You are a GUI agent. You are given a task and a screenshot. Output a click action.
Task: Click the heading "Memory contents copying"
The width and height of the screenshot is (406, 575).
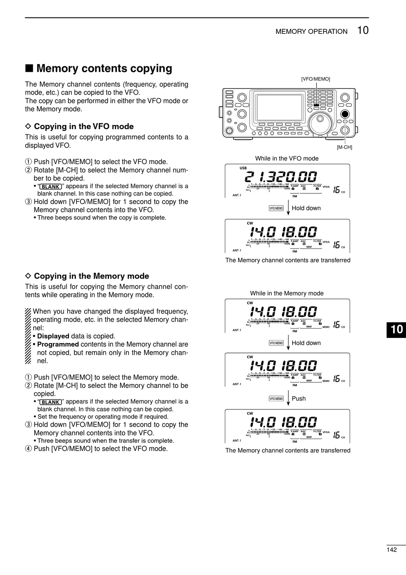click(x=104, y=68)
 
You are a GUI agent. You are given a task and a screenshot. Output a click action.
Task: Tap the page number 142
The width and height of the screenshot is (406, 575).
click(x=391, y=550)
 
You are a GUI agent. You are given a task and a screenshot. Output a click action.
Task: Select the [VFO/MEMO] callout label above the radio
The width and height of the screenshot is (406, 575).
click(x=315, y=79)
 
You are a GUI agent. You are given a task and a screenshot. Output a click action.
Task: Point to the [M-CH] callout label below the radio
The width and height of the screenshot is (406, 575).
click(x=344, y=147)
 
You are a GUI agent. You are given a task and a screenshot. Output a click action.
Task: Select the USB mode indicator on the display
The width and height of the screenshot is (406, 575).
click(x=243, y=168)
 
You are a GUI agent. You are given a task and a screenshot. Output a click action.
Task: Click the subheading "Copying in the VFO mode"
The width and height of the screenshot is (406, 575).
click(x=84, y=127)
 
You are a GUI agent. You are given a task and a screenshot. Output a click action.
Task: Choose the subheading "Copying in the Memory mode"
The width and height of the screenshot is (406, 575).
click(x=91, y=276)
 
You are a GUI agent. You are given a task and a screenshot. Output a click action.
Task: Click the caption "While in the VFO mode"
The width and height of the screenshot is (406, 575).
click(x=287, y=158)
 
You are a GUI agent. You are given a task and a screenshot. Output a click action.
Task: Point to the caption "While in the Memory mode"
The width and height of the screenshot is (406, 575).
click(x=287, y=293)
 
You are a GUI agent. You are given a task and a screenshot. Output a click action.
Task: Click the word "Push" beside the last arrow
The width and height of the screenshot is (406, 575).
click(x=299, y=399)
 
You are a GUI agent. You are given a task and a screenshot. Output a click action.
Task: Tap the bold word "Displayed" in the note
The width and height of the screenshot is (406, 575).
click(x=53, y=336)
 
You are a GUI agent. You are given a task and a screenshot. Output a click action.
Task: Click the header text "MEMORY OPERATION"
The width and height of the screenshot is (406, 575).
click(x=312, y=32)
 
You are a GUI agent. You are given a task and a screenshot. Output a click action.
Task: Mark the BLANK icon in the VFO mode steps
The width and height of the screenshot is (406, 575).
click(x=50, y=187)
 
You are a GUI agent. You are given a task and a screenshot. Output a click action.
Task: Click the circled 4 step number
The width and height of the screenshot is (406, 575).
click(x=28, y=449)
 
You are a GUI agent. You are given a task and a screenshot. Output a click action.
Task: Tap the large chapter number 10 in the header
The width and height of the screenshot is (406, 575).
click(x=362, y=30)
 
